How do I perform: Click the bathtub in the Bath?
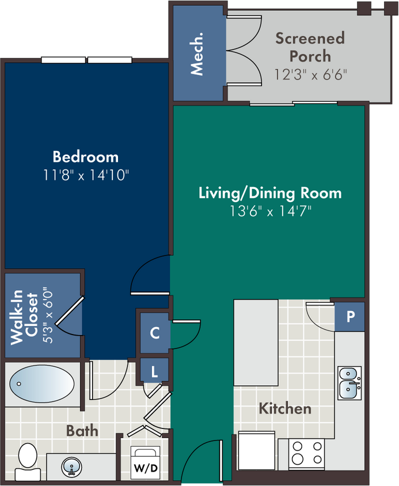[x=42, y=384]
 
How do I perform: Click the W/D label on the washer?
[x=146, y=468]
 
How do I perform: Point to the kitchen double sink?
[x=349, y=383]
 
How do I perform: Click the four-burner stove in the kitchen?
[x=307, y=453]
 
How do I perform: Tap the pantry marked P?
[x=349, y=317]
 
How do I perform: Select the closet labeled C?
[x=155, y=333]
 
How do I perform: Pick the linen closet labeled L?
[x=154, y=371]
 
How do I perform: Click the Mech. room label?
[x=197, y=54]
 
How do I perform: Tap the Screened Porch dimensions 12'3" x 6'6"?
[x=310, y=74]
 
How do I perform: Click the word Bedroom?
[x=86, y=157]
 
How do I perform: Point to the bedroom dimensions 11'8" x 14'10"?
[x=86, y=175]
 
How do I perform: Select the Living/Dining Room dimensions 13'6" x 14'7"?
[x=270, y=211]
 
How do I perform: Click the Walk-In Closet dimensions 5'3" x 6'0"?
[x=48, y=317]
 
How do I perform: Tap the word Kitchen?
[x=285, y=408]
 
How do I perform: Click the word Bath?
[x=82, y=431]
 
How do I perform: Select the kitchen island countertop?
[x=256, y=343]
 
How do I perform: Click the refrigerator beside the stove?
[x=256, y=450]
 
